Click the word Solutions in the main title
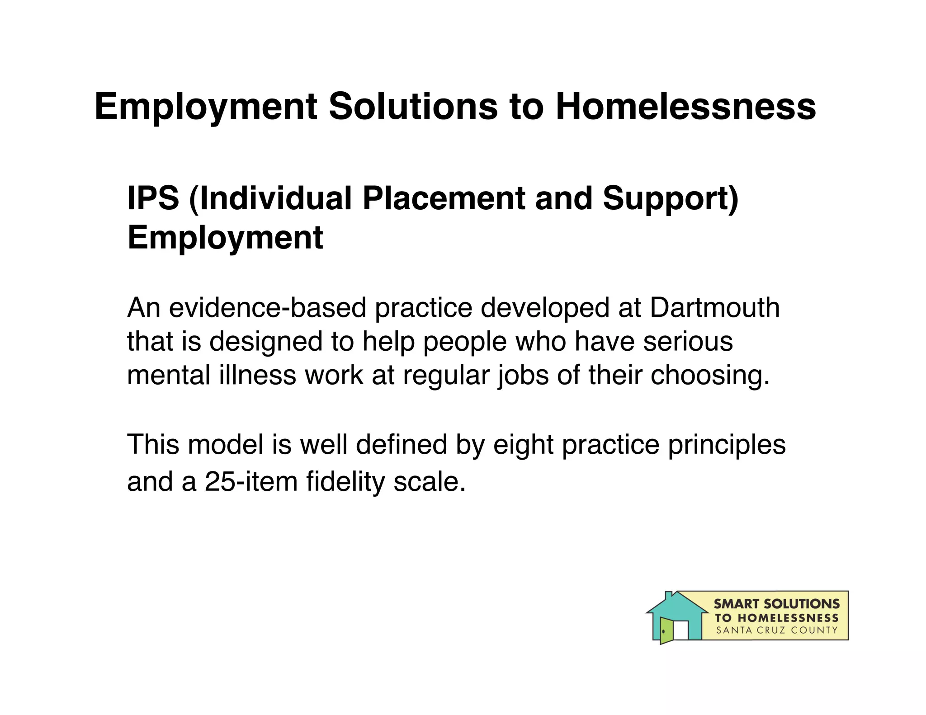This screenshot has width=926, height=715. (x=413, y=107)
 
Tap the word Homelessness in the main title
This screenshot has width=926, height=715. (x=685, y=107)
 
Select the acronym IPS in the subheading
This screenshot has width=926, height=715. (x=153, y=198)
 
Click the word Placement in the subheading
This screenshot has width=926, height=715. (x=444, y=198)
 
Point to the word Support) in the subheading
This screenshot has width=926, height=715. (x=671, y=199)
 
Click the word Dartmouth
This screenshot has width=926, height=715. (x=714, y=308)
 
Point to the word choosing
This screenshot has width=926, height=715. (x=710, y=376)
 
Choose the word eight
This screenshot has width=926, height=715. (x=523, y=445)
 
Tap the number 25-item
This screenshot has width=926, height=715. (x=251, y=481)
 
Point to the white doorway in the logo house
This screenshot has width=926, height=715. (x=681, y=630)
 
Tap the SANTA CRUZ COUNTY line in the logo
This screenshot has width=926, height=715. (x=777, y=630)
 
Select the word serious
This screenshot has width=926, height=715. (x=688, y=341)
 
